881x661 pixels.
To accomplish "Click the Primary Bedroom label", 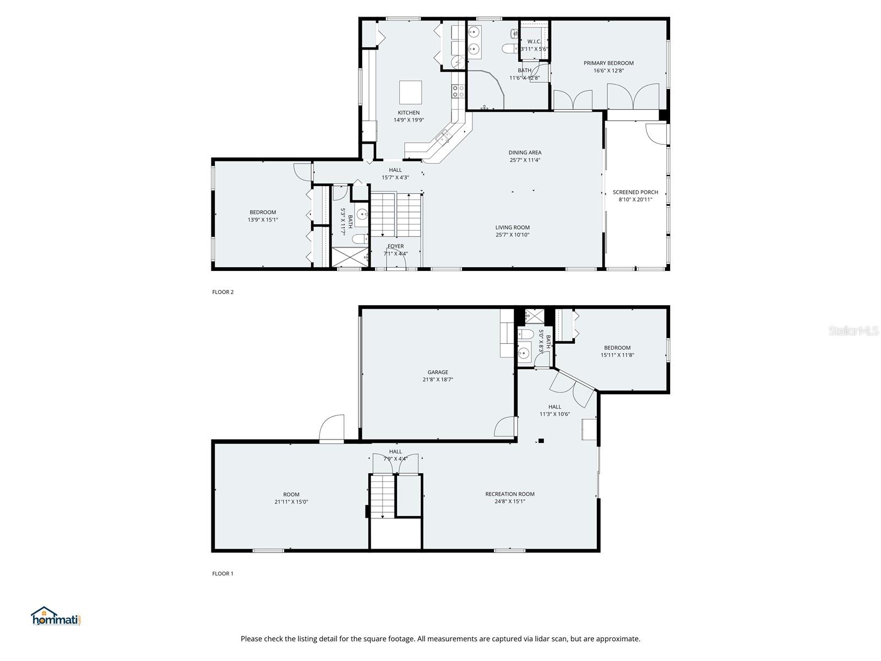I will point(608,63).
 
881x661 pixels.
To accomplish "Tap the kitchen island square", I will point(410,93).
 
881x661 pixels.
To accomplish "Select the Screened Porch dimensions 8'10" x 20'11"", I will point(635,200).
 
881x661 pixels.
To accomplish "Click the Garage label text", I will point(438,372).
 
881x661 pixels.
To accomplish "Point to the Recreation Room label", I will point(509,494).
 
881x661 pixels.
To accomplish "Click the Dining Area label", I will point(525,153).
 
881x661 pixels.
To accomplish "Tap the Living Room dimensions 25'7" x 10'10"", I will point(512,235).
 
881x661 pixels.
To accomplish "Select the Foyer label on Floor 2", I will point(395,246).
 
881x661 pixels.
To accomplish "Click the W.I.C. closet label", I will point(534,42).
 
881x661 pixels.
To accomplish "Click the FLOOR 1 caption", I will point(222,573).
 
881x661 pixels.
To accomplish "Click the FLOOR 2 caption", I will point(222,292).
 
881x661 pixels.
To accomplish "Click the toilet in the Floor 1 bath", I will point(525,335).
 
